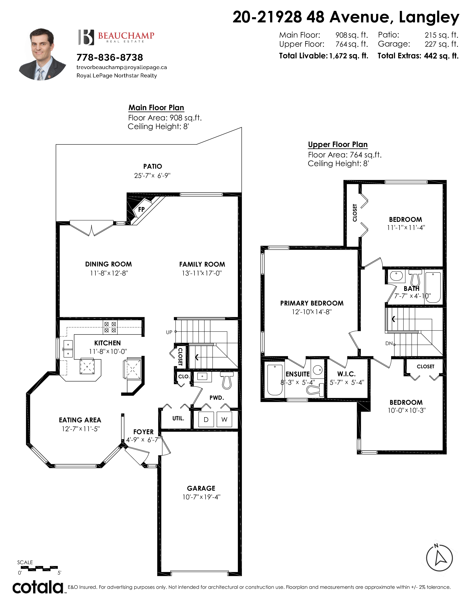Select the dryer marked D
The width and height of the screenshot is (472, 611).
tap(206, 419)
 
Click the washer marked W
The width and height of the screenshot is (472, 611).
tap(224, 419)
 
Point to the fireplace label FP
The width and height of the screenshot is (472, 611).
tap(141, 209)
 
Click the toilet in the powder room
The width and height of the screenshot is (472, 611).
tap(227, 380)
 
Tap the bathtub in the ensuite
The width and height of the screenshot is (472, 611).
tap(275, 380)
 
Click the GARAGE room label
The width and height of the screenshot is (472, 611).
tap(201, 488)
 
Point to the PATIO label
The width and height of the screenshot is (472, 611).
tap(153, 166)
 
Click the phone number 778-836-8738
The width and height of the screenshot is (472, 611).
tap(110, 57)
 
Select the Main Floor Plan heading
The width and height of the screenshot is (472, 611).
tap(156, 108)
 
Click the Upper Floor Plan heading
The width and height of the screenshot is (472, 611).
tap(338, 145)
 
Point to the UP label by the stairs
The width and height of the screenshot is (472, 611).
tap(169, 332)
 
